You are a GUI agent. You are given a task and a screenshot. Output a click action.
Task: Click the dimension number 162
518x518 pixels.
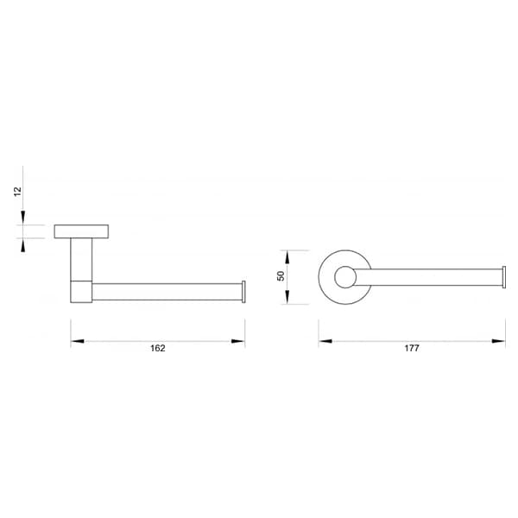pyautogui.click(x=158, y=348)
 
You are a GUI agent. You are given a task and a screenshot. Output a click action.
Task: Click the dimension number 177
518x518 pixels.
pyautogui.click(x=412, y=348)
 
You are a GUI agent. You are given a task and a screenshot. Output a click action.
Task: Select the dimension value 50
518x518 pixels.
pyautogui.click(x=281, y=276)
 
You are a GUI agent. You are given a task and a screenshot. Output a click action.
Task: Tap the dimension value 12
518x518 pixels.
pyautogui.click(x=17, y=192)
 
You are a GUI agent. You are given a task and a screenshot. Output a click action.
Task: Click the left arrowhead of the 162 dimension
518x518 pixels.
pyautogui.click(x=78, y=341)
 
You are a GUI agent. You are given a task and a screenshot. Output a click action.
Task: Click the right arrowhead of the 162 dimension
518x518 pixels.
pyautogui.click(x=238, y=341)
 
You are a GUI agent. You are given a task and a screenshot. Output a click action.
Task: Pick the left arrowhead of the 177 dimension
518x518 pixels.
pyautogui.click(x=325, y=341)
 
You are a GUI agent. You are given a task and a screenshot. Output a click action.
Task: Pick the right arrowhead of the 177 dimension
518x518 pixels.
pyautogui.click(x=498, y=341)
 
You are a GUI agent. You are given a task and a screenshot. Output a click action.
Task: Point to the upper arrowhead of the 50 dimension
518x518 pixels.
pyautogui.click(x=287, y=257)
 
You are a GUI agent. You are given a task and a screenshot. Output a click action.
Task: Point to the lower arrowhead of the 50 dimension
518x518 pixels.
pyautogui.click(x=287, y=297)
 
